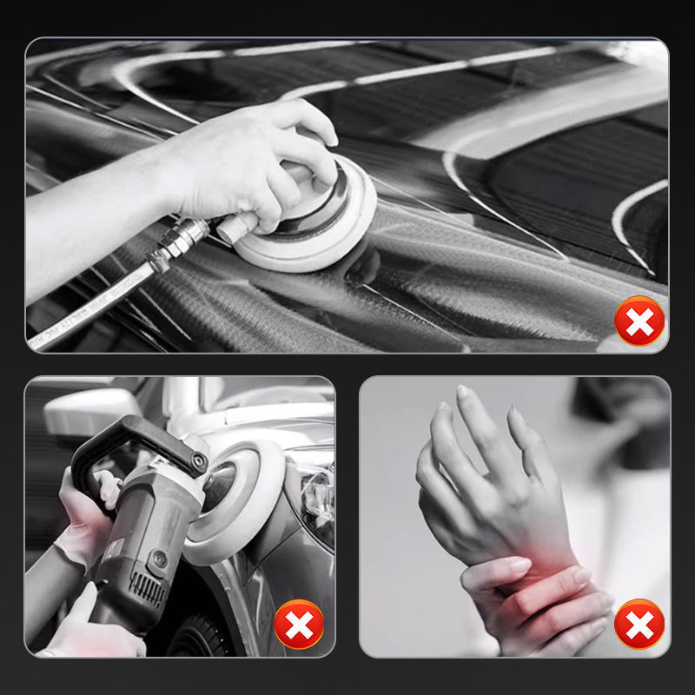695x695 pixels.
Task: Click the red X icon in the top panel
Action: (639, 321)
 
